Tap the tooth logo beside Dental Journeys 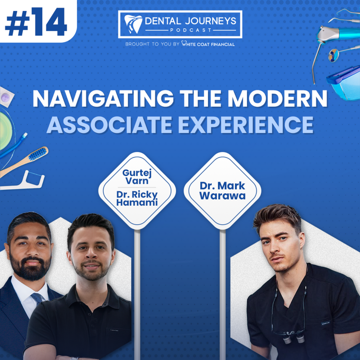coord(133,24)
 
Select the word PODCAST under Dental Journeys coord(190,30)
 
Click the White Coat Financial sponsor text coord(208,44)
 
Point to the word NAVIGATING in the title coord(103,98)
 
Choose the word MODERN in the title coord(277,98)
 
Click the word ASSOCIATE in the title coord(109,125)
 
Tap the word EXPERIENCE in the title coord(246,125)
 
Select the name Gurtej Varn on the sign coord(137,177)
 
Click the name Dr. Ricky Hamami coord(137,198)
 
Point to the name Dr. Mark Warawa coord(222,190)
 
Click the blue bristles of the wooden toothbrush coord(38,154)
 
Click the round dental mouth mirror coord(333,55)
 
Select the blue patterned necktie coord(37,298)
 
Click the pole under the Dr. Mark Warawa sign coord(222,294)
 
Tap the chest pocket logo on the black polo coord(114,330)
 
